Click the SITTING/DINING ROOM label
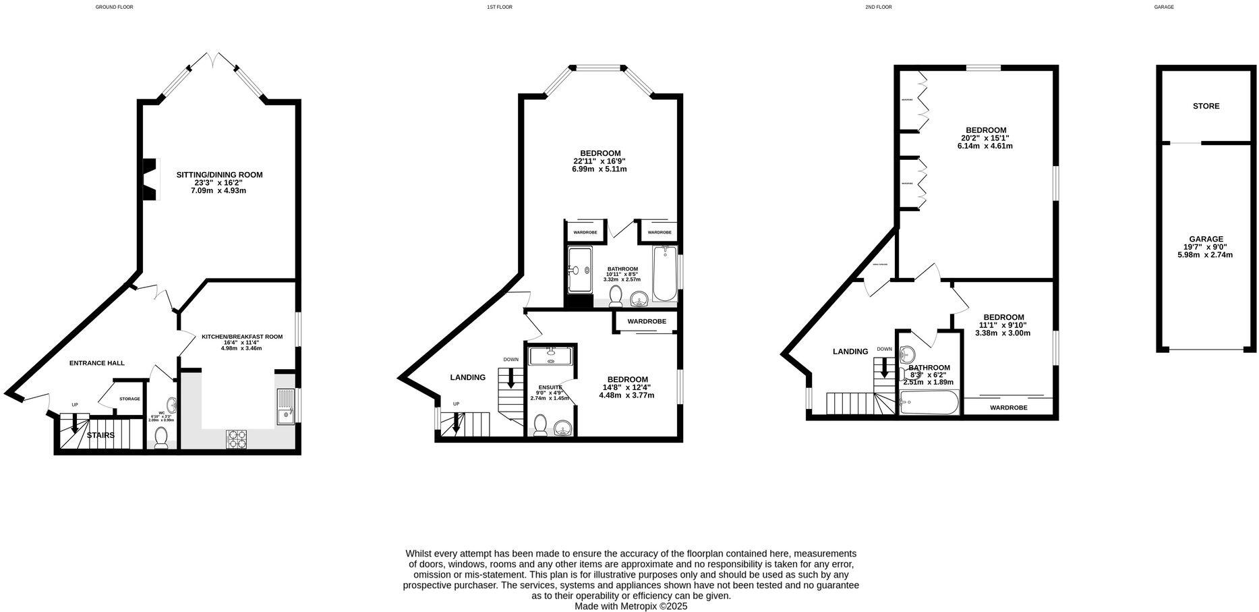pos(219,175)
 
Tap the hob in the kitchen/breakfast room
pos(237,439)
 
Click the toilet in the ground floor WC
pos(161,438)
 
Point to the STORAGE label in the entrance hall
pos(129,399)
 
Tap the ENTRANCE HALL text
pos(97,363)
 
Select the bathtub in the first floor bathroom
pos(664,273)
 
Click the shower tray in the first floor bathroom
pos(579,270)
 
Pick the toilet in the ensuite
pos(540,425)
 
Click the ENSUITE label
pos(550,387)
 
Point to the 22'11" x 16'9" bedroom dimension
pos(599,161)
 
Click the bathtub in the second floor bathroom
pos(928,405)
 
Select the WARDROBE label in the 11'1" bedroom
pos(1008,408)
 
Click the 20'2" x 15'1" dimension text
pos(985,138)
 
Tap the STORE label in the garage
pos(1206,106)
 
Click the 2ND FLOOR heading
pos(878,7)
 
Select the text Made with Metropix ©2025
pos(630,607)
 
